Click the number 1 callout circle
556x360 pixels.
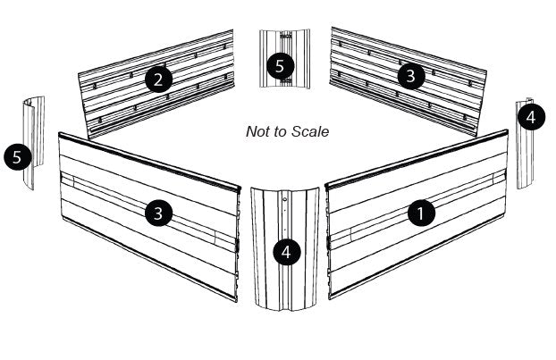tap(421, 213)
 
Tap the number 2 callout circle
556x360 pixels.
tap(158, 80)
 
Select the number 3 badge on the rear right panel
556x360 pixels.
tap(410, 76)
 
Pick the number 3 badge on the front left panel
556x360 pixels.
tap(158, 213)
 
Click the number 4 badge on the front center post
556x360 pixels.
tap(286, 252)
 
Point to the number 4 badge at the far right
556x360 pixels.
tap(531, 117)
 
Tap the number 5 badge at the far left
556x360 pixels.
tap(17, 157)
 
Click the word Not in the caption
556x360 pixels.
tap(257, 131)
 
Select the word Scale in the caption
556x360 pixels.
tap(311, 131)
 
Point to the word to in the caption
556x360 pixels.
tap(282, 131)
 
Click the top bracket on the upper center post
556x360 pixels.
tap(284, 38)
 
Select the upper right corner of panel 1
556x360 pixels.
tap(507, 132)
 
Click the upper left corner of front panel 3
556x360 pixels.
tap(59, 134)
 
